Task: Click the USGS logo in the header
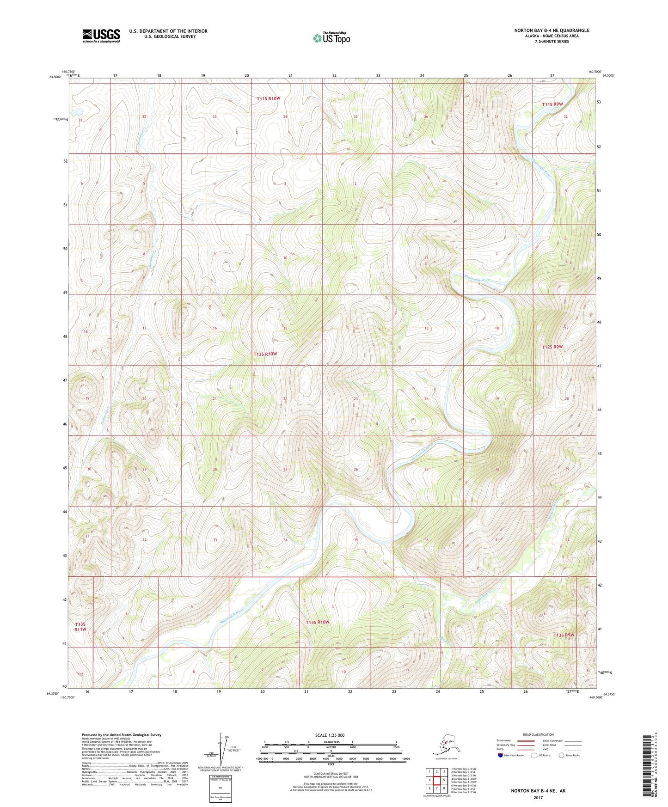click(101, 36)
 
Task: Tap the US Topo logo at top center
click(331, 37)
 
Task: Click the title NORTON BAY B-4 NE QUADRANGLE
click(552, 31)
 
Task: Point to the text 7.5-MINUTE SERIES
click(552, 42)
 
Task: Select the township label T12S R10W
click(265, 354)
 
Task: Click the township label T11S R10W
click(269, 98)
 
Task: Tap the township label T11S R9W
click(552, 104)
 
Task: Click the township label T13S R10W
click(318, 622)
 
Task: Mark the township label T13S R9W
click(564, 635)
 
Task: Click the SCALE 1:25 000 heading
click(330, 735)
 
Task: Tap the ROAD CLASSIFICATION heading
click(539, 734)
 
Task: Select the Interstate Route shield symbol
click(500, 756)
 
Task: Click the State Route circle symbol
click(562, 756)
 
